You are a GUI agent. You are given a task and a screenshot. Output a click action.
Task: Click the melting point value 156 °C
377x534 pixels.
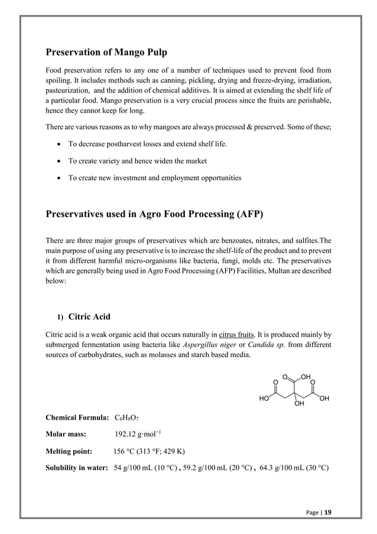[151, 452]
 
